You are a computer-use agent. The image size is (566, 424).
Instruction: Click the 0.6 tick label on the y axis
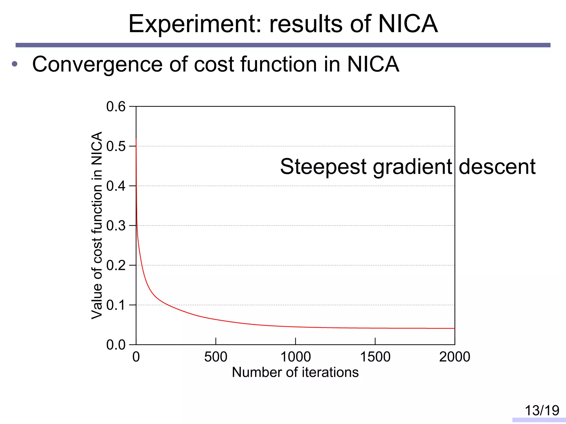point(116,107)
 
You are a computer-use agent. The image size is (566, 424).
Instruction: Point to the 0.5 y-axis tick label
point(116,146)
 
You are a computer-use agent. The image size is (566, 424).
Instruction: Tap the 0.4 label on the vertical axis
point(116,186)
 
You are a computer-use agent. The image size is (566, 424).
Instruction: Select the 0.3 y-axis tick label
point(116,226)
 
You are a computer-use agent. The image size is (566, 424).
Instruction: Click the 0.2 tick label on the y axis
point(116,266)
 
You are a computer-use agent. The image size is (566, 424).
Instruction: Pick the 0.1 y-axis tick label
point(116,305)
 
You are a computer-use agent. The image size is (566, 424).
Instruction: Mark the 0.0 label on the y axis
point(116,345)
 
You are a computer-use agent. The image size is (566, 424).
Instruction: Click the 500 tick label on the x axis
point(216,357)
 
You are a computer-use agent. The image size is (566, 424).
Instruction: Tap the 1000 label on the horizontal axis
point(295,357)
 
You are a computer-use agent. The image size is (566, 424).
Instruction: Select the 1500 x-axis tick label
point(375,357)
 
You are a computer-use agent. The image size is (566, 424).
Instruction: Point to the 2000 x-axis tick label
point(455,357)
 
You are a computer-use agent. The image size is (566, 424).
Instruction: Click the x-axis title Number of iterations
point(295,372)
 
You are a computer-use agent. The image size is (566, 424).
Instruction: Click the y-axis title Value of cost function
point(97,225)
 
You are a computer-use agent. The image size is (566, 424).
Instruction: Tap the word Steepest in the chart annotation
point(323,167)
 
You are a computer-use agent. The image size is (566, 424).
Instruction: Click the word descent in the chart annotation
point(497,167)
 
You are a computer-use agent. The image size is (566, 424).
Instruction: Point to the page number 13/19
point(542,410)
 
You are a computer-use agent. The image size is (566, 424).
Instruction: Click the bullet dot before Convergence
point(15,64)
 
